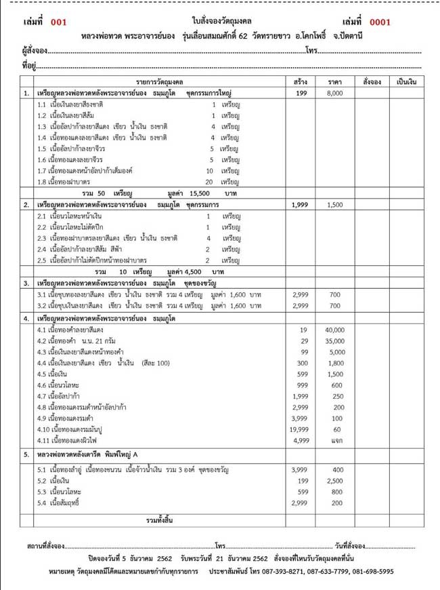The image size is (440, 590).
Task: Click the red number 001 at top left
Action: [59, 22]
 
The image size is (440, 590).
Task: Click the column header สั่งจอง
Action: [372, 81]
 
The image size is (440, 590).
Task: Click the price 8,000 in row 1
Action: [334, 94]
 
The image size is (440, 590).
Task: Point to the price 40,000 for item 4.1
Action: [334, 330]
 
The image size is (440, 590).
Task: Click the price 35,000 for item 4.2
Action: [334, 340]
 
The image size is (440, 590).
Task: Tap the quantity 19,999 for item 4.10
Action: [300, 429]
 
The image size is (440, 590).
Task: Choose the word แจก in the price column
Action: [334, 440]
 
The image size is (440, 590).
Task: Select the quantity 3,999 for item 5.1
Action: [300, 469]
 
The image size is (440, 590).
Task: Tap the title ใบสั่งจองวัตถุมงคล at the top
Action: [219, 22]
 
